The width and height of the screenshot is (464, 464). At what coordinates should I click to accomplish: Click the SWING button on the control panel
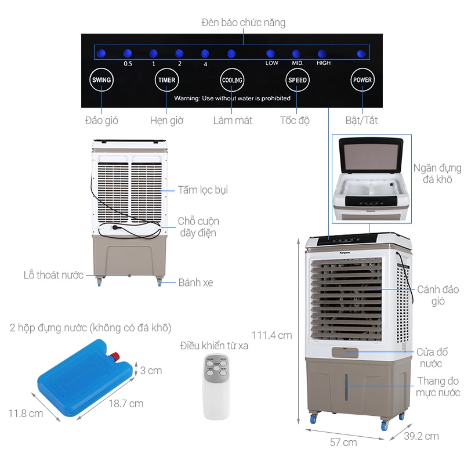pos(101,80)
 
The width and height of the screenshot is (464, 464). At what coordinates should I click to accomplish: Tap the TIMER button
pos(166,80)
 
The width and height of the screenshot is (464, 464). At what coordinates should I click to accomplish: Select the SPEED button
pos(297,80)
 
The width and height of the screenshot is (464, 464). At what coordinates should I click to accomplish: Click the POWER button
pos(362,80)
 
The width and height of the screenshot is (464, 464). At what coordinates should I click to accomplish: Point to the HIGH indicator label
pos(324,63)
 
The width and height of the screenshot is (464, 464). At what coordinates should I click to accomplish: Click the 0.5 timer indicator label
pos(128,63)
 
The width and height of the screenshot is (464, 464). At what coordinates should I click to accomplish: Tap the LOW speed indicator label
pos(271,63)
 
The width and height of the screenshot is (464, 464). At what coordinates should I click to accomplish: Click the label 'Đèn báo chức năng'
pos(244,23)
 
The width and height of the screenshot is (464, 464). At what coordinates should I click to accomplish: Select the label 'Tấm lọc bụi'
pos(203,190)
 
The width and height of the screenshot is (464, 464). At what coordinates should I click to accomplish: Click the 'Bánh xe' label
pos(195,282)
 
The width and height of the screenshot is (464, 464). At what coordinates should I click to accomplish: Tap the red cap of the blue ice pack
pos(117,355)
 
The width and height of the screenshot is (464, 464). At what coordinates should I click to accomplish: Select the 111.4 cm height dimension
pos(271,335)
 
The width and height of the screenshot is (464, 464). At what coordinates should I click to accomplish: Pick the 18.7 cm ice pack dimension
pos(125,403)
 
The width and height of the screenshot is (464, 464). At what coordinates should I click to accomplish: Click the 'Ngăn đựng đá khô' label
pos(437,173)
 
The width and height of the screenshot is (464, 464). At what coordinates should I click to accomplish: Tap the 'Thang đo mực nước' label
pos(437,387)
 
